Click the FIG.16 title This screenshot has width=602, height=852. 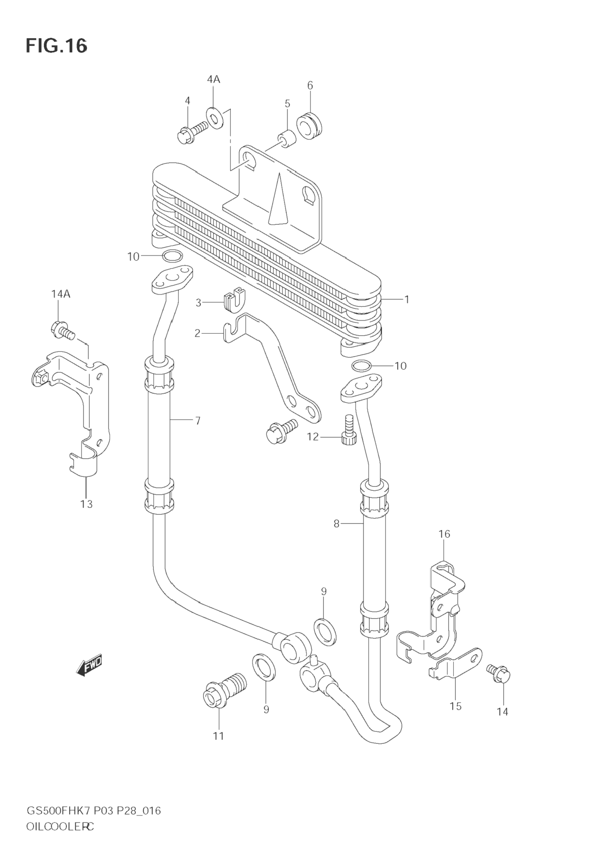(x=56, y=46)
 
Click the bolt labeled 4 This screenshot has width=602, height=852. (x=193, y=132)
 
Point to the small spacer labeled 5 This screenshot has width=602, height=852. (x=287, y=139)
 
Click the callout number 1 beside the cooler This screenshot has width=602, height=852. (x=406, y=299)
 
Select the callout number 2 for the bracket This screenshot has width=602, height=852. (x=198, y=333)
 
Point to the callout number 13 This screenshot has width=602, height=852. (x=86, y=504)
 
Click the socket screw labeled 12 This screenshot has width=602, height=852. (x=349, y=430)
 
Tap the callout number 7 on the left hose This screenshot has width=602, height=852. (x=198, y=420)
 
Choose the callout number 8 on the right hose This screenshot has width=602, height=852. (x=336, y=524)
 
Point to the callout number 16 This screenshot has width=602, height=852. (x=444, y=534)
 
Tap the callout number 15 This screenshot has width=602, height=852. (x=456, y=706)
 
